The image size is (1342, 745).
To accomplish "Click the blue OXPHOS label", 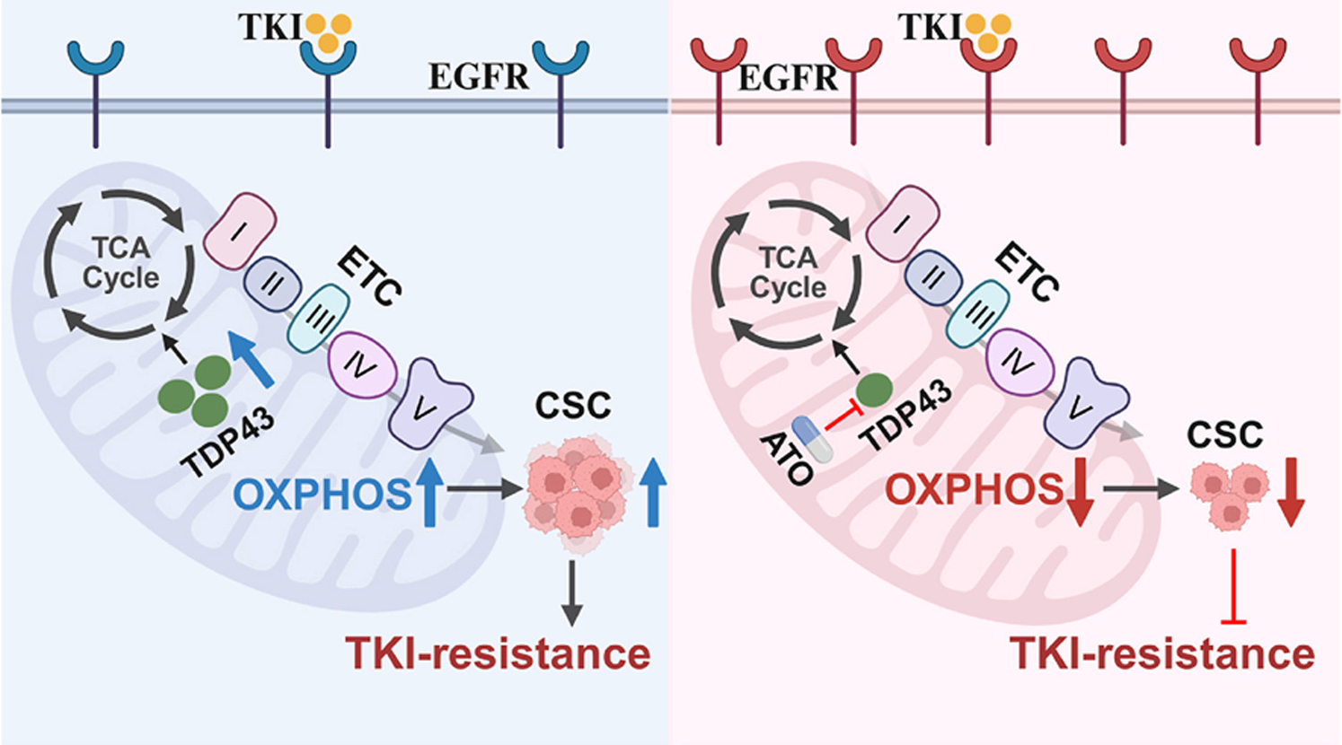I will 321,494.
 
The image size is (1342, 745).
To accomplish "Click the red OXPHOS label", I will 974,490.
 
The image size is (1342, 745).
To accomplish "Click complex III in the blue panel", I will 317,317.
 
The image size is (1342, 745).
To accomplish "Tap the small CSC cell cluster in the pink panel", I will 1227,495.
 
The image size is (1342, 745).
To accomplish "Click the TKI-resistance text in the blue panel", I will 498,653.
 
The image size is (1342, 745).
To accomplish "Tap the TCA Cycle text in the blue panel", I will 120,262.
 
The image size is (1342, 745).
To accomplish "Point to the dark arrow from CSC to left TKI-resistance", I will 571,592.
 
